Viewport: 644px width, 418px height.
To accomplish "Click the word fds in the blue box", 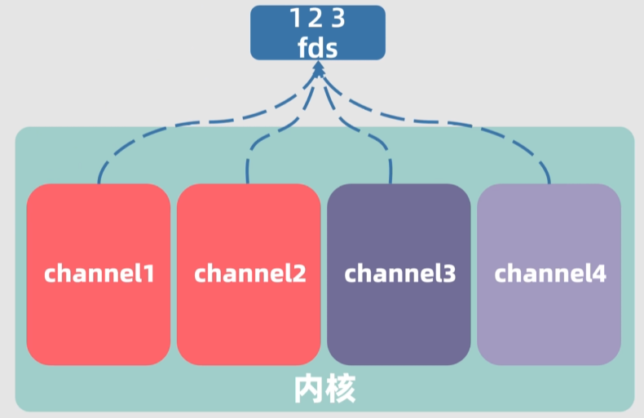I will coord(317,46).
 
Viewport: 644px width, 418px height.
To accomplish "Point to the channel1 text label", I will coord(99,273).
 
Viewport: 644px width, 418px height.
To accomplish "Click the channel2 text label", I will coord(249,273).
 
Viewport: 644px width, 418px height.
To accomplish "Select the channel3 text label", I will coord(399,273).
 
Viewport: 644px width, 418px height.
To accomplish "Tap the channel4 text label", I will coord(549,273).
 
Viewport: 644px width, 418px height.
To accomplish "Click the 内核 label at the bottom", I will coord(324,390).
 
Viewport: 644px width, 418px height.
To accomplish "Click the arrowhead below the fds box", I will coord(317,72).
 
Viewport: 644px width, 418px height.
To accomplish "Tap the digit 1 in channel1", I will coord(148,273).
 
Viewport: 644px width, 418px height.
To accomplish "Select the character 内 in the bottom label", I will coord(308,390).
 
